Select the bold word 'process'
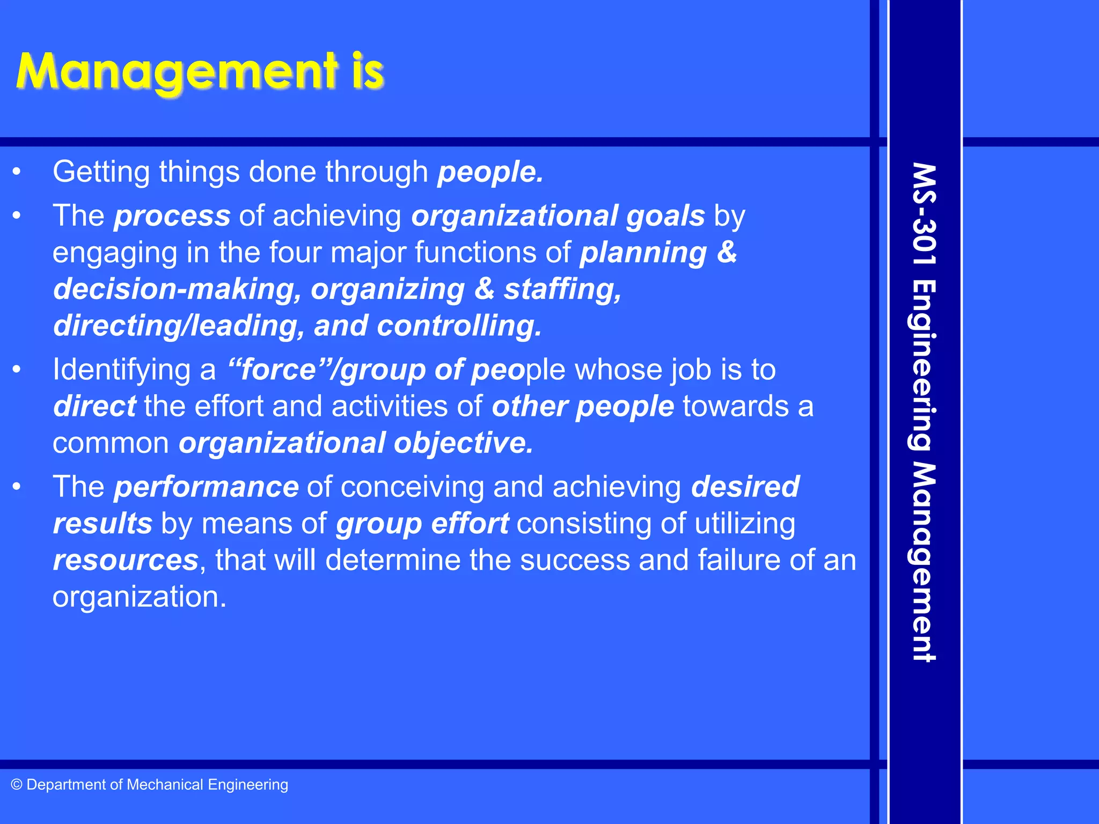(x=172, y=216)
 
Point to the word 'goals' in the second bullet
(x=665, y=216)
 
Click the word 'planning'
(x=643, y=253)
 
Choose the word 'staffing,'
(x=562, y=290)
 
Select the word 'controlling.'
(x=459, y=326)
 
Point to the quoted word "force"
(x=273, y=370)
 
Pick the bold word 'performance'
(x=206, y=487)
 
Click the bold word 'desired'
(x=745, y=487)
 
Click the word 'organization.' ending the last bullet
(x=140, y=597)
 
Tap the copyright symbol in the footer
(x=17, y=785)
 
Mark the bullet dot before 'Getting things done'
(x=17, y=173)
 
